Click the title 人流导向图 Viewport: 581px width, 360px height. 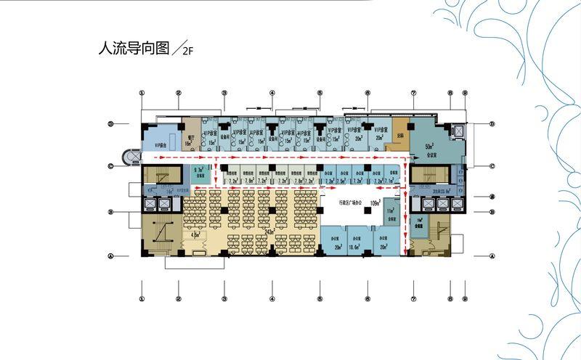134,49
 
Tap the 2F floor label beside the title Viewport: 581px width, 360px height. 187,52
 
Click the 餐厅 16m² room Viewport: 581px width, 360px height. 190,139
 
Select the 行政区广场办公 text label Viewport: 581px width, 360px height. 348,203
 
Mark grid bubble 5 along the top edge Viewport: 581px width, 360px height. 319,93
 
